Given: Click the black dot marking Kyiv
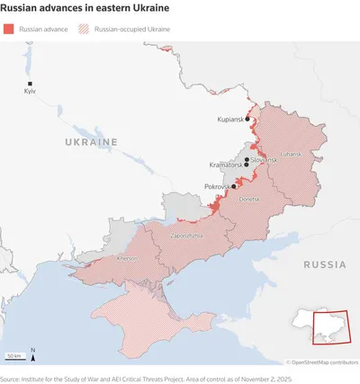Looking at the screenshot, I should (29, 84).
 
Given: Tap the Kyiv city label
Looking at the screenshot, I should (30, 93).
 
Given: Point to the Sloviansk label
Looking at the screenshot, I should (265, 159).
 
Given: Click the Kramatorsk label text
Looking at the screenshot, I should (225, 165).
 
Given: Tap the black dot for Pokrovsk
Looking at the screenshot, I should (234, 186).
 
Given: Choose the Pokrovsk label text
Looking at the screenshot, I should (217, 186).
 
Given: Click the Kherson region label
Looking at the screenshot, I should (128, 258).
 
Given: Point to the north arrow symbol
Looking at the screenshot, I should (33, 354).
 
